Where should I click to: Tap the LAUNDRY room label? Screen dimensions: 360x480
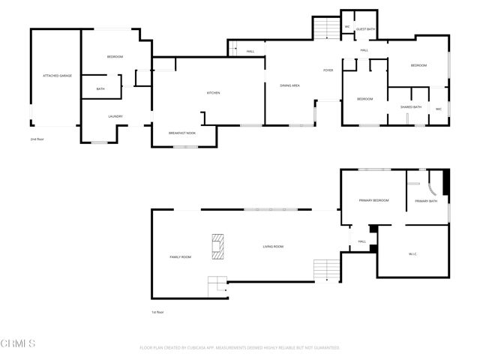point(115,116)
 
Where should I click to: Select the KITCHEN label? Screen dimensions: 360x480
point(213,93)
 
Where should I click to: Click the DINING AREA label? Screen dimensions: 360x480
point(290,85)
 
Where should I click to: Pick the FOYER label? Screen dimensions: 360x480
point(328,70)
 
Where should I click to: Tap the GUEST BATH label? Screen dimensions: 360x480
point(365,29)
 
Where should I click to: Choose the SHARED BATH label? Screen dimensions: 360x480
point(411,107)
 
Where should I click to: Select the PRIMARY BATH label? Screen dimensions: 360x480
point(426,201)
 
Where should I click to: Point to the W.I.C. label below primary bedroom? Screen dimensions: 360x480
point(412,254)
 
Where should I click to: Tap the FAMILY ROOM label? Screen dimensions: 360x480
point(181,257)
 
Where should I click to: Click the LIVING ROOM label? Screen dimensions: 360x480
point(273,246)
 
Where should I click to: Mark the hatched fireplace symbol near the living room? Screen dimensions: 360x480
point(217,247)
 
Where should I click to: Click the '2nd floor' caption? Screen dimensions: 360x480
point(37,139)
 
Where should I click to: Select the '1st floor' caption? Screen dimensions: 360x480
point(157,312)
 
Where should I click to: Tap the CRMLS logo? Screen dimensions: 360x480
point(19,344)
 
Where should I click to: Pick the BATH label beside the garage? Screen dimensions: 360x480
point(100,89)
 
